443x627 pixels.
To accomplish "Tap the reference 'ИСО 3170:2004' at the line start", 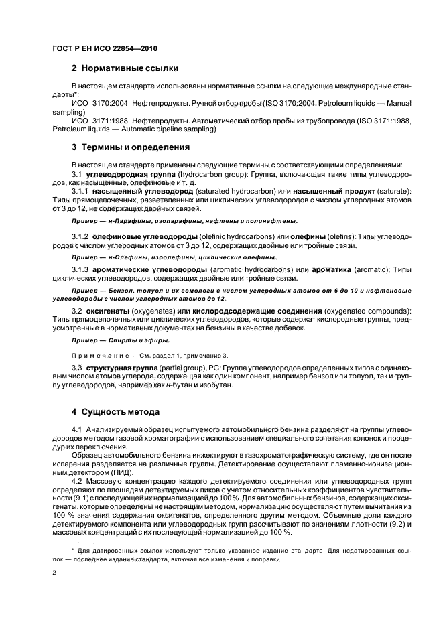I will pyautogui.click(x=98, y=104).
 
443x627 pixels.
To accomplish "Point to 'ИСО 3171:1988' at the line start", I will pyautogui.click(x=98, y=121).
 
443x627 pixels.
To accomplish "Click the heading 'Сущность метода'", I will pyautogui.click(x=120, y=411).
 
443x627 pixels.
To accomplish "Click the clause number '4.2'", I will pyautogui.click(x=77, y=481).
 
